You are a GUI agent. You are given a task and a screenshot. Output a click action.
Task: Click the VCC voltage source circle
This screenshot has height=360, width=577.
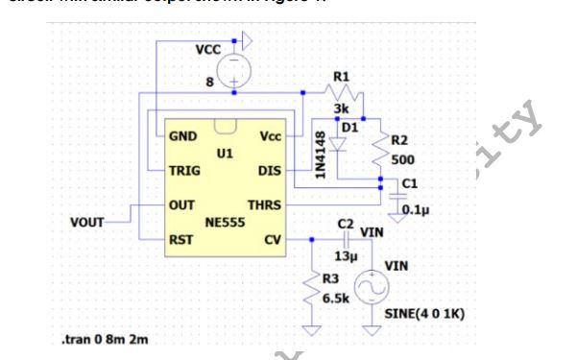[x=232, y=70]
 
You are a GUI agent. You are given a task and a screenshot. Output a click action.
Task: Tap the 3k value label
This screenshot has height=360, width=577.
[x=341, y=109]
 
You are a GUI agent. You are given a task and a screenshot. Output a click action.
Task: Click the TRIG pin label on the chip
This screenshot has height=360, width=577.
[x=185, y=171]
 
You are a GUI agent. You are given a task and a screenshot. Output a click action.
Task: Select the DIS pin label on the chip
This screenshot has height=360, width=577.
[x=270, y=171]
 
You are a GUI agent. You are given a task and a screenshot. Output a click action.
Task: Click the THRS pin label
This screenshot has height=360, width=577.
[x=264, y=205]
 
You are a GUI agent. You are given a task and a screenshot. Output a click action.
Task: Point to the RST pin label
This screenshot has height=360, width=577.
[x=180, y=239]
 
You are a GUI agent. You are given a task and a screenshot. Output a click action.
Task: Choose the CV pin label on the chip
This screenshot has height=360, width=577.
[x=273, y=239]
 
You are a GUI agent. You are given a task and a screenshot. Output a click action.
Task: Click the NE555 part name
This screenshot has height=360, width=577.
[x=223, y=221]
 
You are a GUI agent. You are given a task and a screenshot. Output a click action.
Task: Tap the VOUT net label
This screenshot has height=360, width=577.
[x=91, y=223]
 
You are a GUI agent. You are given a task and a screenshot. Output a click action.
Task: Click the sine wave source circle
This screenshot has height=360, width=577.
[x=373, y=286]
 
